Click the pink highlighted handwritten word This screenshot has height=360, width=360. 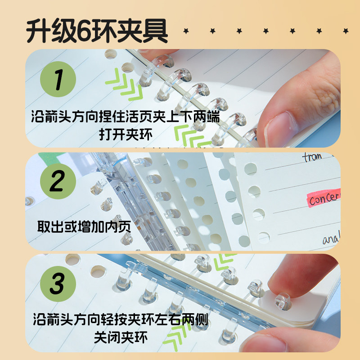pyautogui.click(x=323, y=198)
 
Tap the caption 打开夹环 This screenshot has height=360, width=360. pyautogui.click(x=126, y=134)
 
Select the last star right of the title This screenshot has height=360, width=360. pyautogui.click(x=346, y=31)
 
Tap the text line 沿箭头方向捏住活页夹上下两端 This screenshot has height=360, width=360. pyautogui.click(x=126, y=118)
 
